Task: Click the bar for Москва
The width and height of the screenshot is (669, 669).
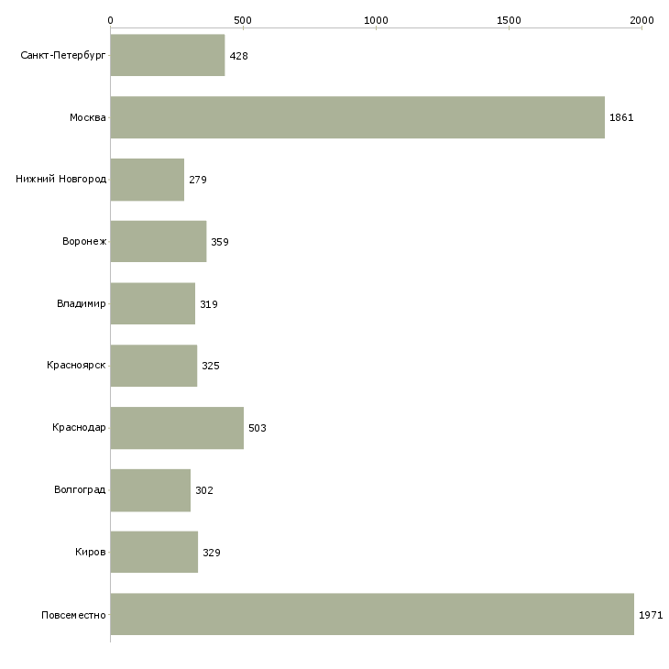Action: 357,117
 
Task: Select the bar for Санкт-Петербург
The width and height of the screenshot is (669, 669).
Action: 168,55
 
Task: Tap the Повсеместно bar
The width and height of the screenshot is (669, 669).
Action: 372,614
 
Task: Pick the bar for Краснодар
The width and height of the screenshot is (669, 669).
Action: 177,428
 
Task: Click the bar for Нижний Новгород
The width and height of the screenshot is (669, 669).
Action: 148,180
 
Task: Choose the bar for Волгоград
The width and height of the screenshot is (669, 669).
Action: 150,490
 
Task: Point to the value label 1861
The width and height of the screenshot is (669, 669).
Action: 621,117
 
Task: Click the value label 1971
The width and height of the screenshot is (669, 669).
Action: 651,615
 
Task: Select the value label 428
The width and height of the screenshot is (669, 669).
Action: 238,56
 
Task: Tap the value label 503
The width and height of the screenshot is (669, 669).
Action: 258,428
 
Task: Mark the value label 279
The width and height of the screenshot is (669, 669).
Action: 198,180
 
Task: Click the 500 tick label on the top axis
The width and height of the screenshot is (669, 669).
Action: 243,20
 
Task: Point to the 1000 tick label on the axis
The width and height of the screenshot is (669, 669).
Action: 376,20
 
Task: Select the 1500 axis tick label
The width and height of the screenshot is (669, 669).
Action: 509,20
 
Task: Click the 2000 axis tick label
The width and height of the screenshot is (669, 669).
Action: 642,20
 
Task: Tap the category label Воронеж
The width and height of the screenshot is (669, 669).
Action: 84,242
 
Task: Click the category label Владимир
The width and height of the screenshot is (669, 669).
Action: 81,303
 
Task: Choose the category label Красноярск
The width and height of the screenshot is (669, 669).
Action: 76,366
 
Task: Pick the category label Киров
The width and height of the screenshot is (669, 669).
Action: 91,552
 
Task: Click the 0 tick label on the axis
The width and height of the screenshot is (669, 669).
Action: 111,20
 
